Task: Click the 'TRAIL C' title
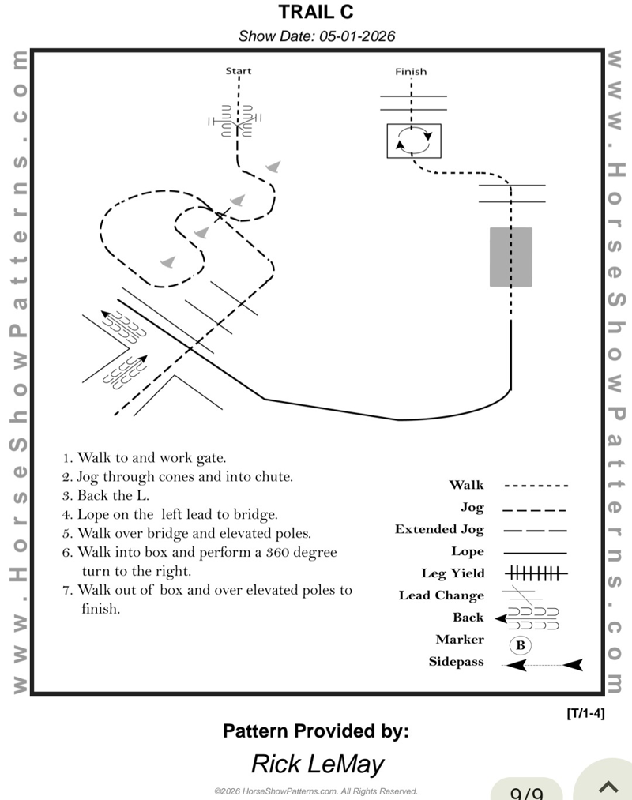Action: [316, 13]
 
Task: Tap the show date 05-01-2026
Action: [316, 36]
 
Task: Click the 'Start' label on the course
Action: [238, 71]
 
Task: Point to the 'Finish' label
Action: [411, 72]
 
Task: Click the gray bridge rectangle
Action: [511, 257]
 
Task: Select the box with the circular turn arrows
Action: [414, 141]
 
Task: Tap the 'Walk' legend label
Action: [466, 485]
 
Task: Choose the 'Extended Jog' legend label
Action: [439, 529]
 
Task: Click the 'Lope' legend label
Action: [467, 551]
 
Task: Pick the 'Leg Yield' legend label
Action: [453, 573]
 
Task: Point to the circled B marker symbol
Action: [520, 645]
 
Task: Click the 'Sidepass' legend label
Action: [456, 662]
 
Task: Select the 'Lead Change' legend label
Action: [441, 595]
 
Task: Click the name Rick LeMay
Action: [317, 764]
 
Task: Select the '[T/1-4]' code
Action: [585, 714]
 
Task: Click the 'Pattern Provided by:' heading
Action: [316, 731]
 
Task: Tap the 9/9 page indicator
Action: [527, 793]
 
